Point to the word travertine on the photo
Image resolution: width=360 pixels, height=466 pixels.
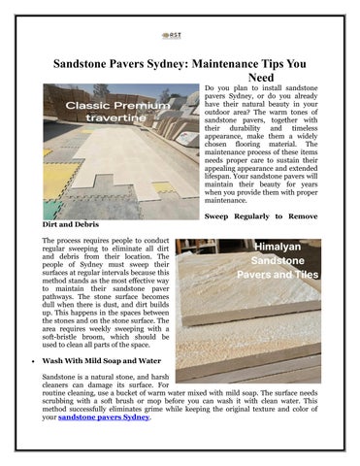click(x=96, y=117)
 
